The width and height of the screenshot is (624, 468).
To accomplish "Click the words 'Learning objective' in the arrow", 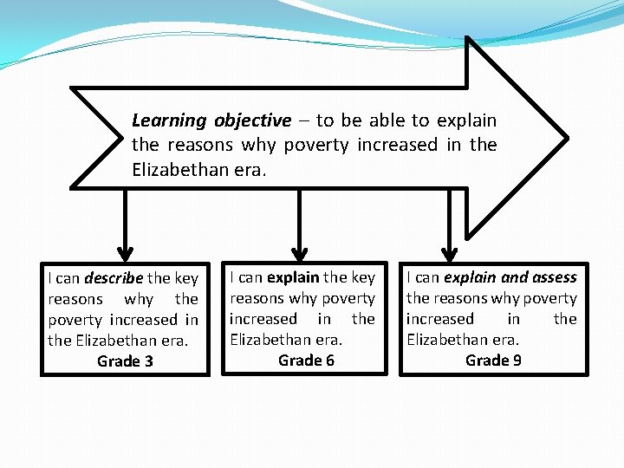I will (x=211, y=120).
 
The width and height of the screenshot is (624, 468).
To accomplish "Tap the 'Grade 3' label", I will (x=125, y=361).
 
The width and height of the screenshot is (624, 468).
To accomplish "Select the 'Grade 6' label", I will (x=306, y=360).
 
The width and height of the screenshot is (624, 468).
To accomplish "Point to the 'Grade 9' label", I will (x=493, y=360).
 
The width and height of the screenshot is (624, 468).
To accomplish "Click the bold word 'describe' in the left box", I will (x=114, y=278).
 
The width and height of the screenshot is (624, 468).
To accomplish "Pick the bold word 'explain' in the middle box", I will (x=294, y=277).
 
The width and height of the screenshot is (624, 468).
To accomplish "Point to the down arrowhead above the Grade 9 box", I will (x=449, y=251).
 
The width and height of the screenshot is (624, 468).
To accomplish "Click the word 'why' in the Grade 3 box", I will (x=139, y=299).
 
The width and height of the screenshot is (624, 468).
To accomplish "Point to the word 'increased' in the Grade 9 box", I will (x=440, y=319).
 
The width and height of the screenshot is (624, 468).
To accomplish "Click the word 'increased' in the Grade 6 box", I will (x=263, y=319).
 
